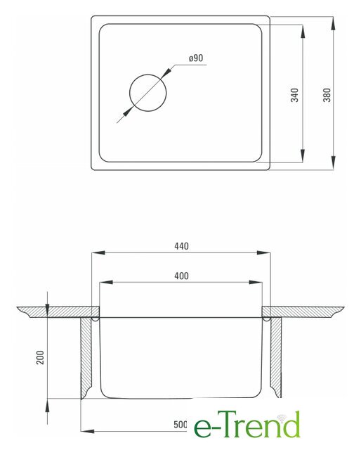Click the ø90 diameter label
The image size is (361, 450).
click(196, 58)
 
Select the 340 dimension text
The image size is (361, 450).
click(294, 95)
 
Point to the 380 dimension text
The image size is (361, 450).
click(327, 95)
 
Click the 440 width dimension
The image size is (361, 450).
click(181, 246)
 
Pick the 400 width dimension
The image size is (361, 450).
click(181, 276)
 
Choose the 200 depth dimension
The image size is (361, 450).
click(41, 357)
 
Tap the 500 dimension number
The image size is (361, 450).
click(180, 425)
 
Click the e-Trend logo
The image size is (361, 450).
click(247, 425)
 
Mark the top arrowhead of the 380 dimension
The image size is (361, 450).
click(333, 23)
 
